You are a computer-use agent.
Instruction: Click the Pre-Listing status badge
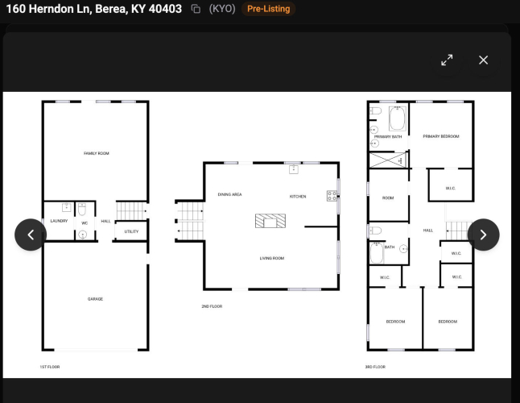pos(268,9)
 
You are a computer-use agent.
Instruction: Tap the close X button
pos(483,60)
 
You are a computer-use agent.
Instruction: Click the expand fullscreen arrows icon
pos(447,60)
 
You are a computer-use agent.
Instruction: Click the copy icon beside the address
pos(196,9)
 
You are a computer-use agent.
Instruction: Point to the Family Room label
pos(96,153)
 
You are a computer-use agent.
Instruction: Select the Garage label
pos(95,299)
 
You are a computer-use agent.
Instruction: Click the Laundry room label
pos(59,221)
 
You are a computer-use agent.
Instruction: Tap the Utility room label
pos(131,231)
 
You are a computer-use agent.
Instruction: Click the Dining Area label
pos(229,194)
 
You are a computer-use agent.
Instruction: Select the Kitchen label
pos(298,197)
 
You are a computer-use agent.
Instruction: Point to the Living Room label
pos(272,258)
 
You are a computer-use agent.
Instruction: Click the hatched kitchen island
pos(270,221)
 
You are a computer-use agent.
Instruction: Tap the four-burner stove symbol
pos(332,196)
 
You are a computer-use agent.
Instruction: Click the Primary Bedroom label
pos(441,136)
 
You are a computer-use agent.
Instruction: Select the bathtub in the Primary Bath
pos(398,118)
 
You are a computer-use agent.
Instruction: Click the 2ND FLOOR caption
pos(212,306)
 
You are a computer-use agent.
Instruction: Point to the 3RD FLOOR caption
pos(375,367)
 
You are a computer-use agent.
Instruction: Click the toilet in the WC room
pos(82,210)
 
